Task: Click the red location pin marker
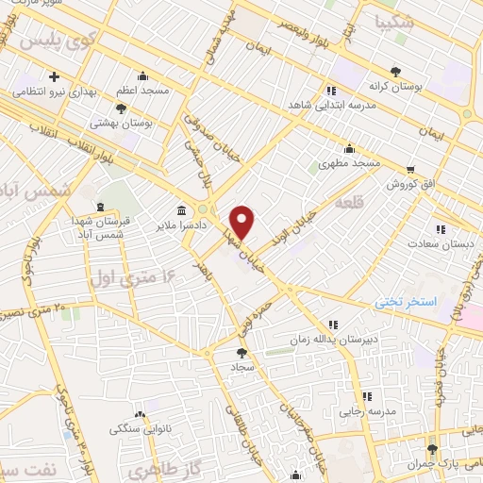click(x=242, y=221)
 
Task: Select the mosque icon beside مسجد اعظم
click(x=142, y=76)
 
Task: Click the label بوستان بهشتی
click(x=114, y=124)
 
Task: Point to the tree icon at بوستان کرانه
click(x=396, y=72)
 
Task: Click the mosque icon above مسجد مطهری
click(x=349, y=148)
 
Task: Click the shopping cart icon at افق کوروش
click(x=408, y=171)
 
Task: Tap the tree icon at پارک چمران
click(x=432, y=449)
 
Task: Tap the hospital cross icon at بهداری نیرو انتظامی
click(x=55, y=76)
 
